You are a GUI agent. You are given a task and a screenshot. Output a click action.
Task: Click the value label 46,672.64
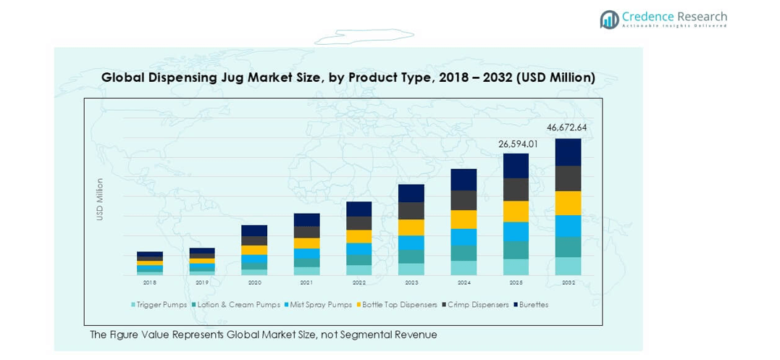pos(567,127)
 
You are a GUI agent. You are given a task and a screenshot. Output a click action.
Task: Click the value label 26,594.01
pos(518,144)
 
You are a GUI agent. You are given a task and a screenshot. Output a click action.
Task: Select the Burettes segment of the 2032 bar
pos(568,152)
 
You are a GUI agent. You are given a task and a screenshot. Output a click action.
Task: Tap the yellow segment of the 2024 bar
pos(464,219)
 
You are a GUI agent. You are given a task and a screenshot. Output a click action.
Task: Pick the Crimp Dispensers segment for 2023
pos(411,211)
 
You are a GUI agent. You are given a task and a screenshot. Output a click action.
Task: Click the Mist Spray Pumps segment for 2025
pos(516,231)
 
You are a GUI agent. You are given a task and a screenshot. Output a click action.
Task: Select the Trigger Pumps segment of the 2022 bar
pos(358,270)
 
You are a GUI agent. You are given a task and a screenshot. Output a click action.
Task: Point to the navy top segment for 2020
pos(254,230)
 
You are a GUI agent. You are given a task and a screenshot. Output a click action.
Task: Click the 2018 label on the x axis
pos(149,282)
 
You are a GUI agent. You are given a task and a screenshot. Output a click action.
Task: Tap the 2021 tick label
pos(306,282)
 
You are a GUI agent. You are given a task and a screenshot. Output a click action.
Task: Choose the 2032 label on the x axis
pos(568,282)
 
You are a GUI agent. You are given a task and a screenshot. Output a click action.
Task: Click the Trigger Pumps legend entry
pos(159,305)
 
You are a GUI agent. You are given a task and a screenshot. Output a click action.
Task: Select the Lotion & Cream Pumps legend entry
pos(236,305)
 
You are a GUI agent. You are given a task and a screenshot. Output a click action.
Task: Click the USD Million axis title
pos(100,199)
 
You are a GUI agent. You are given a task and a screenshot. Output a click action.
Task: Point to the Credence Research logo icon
pos(609,20)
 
